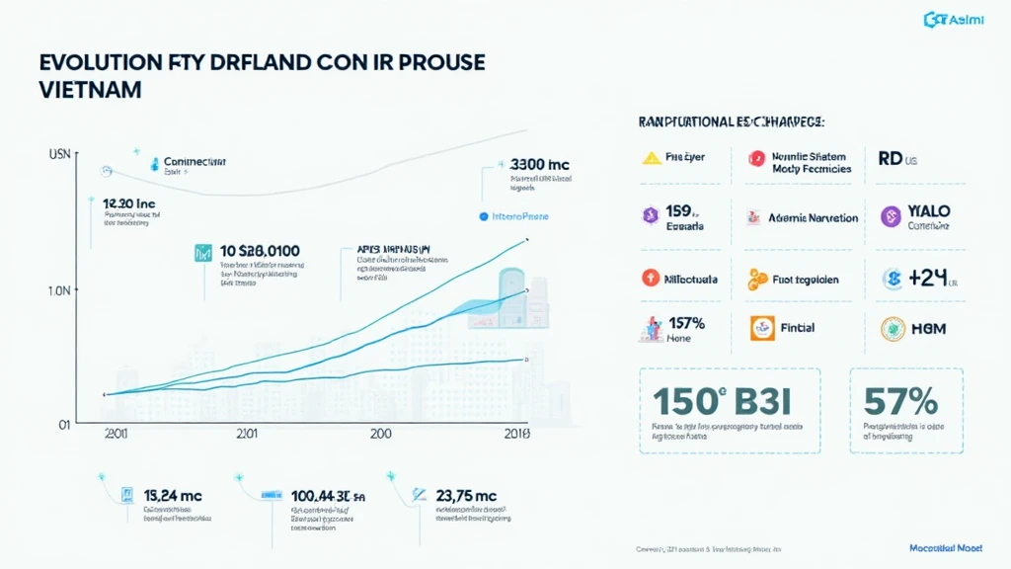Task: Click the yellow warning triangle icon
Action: tap(651, 157)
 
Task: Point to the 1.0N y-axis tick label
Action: tap(56, 291)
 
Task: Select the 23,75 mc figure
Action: tap(459, 496)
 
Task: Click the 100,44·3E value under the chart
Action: tap(322, 496)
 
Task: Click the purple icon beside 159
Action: tap(651, 213)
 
